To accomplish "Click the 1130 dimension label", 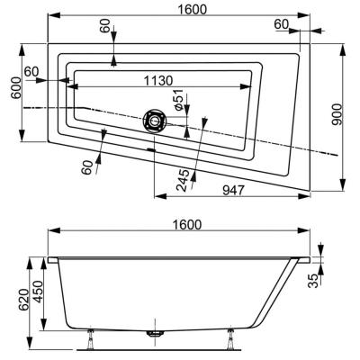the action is coord(158,80).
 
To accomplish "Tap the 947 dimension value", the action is coord(234,190).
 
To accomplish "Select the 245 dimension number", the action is coord(184,180).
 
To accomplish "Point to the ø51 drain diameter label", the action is coord(178,100).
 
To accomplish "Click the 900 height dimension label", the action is coord(337,114).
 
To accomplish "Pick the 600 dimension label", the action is coord(16,88).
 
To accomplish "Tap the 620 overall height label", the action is coord(23,301).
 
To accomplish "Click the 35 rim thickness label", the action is coord(313,281).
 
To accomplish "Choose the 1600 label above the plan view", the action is coord(193,10).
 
